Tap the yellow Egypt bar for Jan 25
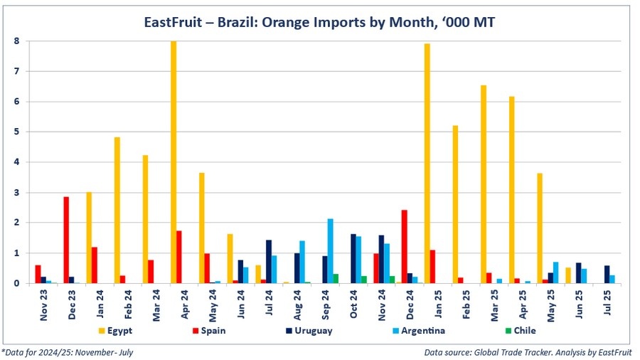tap(427, 164)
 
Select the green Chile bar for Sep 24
tap(336, 278)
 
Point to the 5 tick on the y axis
tap(17, 132)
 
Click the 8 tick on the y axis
tap(17, 41)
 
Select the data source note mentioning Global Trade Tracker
tap(530, 352)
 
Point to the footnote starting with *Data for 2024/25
tap(68, 352)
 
